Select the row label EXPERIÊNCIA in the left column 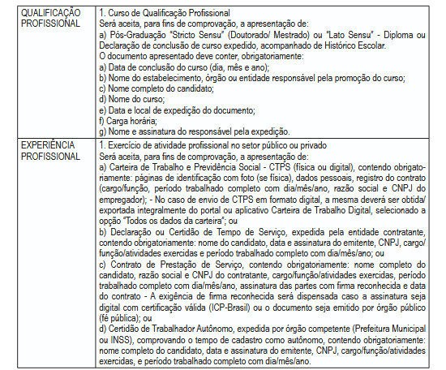42,144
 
